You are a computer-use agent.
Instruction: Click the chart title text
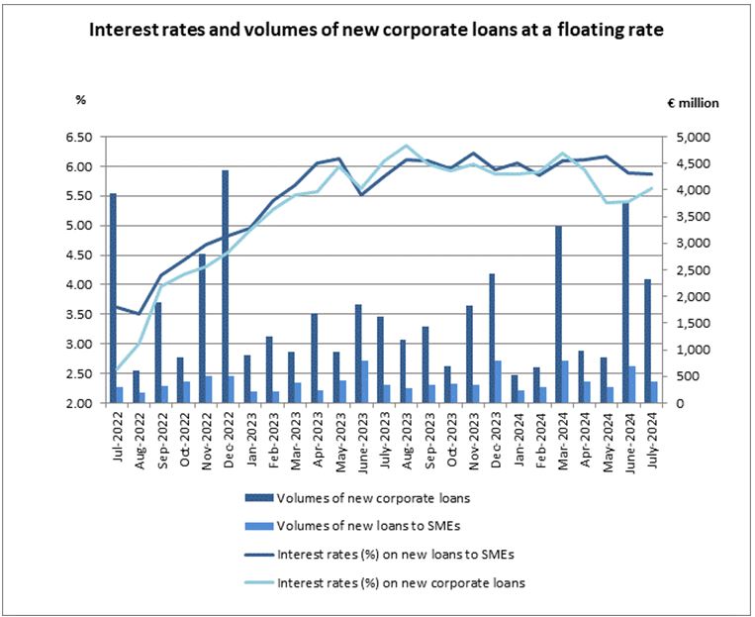376,30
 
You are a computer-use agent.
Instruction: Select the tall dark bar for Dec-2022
225,287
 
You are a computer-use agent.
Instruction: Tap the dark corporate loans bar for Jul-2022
113,297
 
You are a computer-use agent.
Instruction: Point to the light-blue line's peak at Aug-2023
405,146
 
